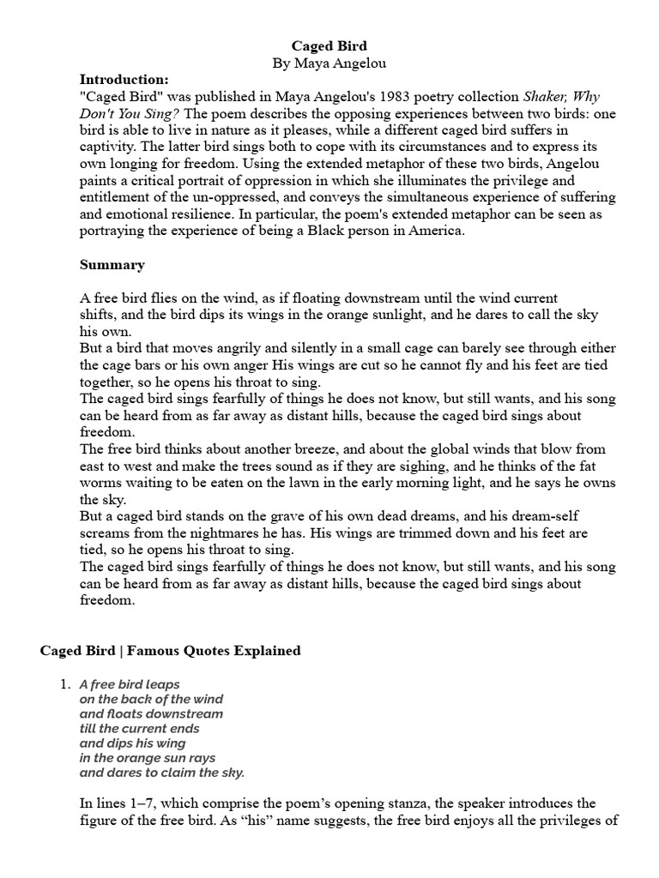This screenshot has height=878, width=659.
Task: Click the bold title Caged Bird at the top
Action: [330, 46]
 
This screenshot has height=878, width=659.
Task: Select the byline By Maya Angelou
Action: [330, 63]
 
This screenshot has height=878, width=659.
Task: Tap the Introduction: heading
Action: [124, 79]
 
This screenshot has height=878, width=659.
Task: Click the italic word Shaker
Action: [551, 96]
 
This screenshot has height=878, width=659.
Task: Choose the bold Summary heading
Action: [112, 265]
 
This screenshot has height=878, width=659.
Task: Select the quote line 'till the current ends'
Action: [140, 729]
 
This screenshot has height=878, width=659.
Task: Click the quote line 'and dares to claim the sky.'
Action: [162, 773]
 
